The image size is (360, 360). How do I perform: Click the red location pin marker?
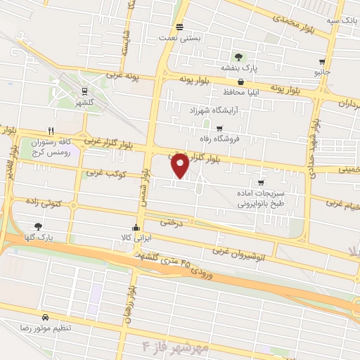pos(180,165)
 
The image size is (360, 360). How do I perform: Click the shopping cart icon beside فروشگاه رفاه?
pos(219,129)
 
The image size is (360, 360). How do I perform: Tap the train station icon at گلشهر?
pos(85,91)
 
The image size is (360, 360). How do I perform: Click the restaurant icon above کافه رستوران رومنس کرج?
pos(50,130)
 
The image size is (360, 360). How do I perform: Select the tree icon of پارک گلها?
pos(38,226)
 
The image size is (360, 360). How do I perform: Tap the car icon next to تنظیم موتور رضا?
pos(46,317)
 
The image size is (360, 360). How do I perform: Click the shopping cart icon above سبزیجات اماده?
pos(262,184)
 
